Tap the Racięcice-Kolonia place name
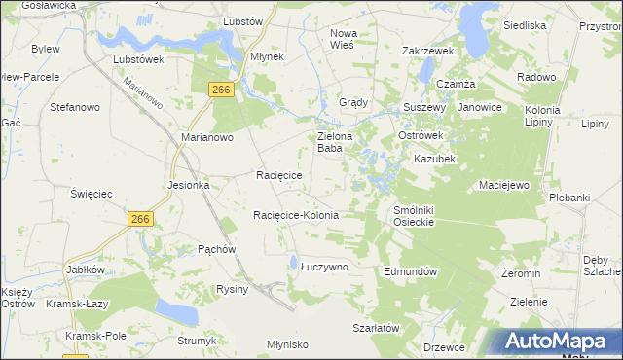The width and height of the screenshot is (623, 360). click(x=295, y=215)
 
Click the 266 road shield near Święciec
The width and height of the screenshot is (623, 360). click(x=139, y=220)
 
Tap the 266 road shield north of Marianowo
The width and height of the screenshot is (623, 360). click(x=222, y=90)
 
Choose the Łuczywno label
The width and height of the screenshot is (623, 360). click(x=324, y=266)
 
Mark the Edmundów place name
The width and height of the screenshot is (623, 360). click(x=414, y=271)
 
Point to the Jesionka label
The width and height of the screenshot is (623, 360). click(x=188, y=185)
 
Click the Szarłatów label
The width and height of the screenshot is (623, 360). click(x=377, y=329)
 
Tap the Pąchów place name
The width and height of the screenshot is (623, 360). click(x=217, y=249)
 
